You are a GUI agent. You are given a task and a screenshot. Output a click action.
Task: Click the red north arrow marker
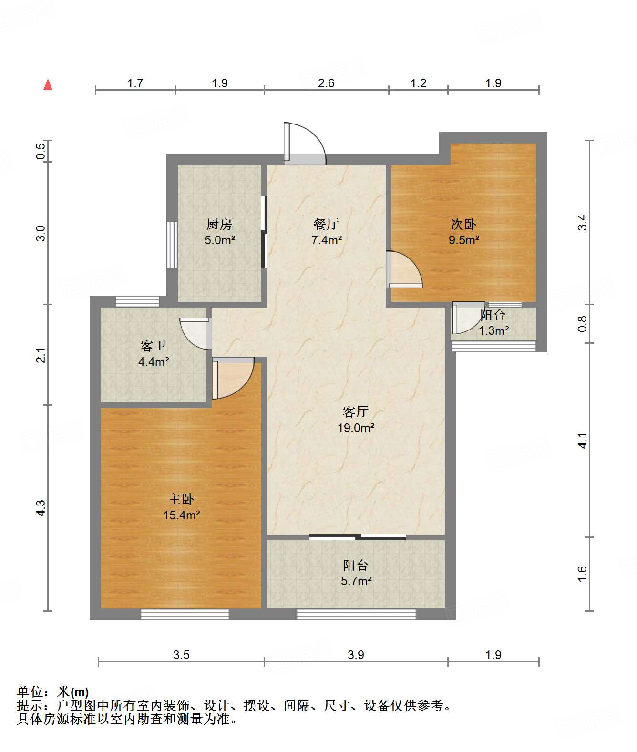click(x=48, y=85)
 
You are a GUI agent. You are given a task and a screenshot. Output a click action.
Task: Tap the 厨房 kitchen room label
click(x=219, y=224)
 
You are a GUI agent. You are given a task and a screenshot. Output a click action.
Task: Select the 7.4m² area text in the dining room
click(x=327, y=240)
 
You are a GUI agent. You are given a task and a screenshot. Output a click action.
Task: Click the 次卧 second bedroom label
click(x=463, y=224)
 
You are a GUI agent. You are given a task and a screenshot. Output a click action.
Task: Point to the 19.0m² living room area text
click(x=356, y=428)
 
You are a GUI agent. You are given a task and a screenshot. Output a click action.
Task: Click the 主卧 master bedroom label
click(x=181, y=499)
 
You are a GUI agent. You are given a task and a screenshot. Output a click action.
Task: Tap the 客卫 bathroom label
click(x=153, y=346)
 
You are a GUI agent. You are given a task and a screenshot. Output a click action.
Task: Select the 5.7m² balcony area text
click(x=356, y=581)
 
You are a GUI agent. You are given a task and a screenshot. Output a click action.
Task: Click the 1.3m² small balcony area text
click(x=493, y=330)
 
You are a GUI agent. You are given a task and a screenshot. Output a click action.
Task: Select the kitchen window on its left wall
click(x=172, y=245)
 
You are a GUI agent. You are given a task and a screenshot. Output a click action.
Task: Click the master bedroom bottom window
click(x=185, y=614)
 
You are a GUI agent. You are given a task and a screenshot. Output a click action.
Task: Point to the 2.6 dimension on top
click(x=326, y=83)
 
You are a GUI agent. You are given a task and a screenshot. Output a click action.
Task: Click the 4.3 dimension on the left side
click(x=41, y=507)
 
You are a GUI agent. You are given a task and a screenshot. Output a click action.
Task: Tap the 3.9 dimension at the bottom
click(x=356, y=655)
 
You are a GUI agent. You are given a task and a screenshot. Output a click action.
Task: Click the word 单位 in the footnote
click(x=30, y=691)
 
